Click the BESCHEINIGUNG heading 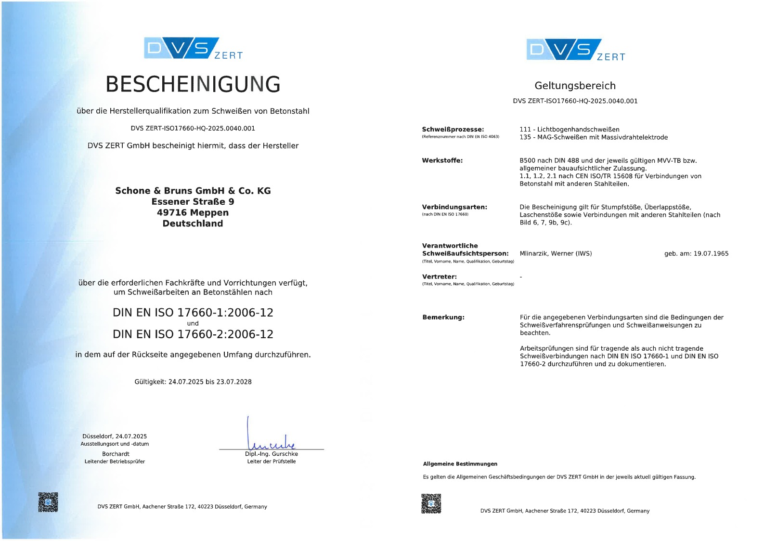193,84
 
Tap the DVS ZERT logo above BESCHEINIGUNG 193,49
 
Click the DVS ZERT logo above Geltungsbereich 575,50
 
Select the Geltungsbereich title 575,86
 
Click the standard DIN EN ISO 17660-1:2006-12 193,313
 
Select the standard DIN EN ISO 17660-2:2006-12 193,334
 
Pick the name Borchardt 116,454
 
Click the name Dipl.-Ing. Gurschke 271,454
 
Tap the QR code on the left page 48,502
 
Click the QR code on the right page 431,503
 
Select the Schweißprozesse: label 453,130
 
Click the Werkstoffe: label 442,160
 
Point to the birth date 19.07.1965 711,253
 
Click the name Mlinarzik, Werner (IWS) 556,253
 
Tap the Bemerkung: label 443,317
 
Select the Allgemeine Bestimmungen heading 460,464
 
